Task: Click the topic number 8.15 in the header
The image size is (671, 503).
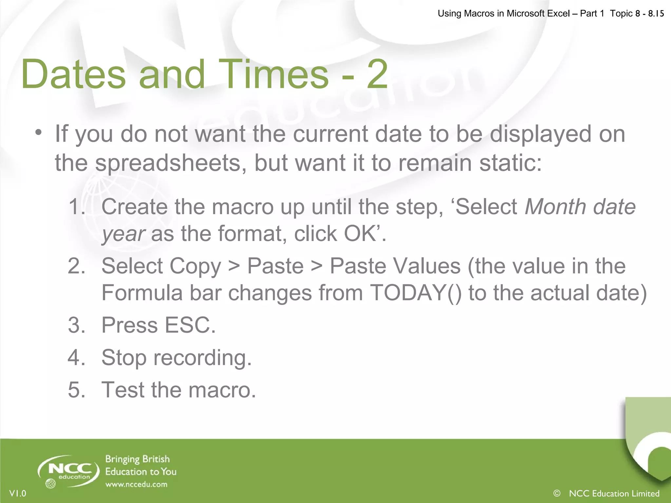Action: [656, 13]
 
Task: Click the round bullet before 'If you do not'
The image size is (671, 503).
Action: [39, 133]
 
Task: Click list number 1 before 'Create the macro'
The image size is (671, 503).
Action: [77, 207]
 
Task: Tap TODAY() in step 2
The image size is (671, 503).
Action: [415, 292]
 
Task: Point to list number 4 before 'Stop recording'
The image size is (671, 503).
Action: [77, 357]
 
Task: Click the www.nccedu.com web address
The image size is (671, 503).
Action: [136, 484]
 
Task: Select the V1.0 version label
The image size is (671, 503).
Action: [18, 493]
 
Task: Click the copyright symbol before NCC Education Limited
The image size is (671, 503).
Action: [557, 493]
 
